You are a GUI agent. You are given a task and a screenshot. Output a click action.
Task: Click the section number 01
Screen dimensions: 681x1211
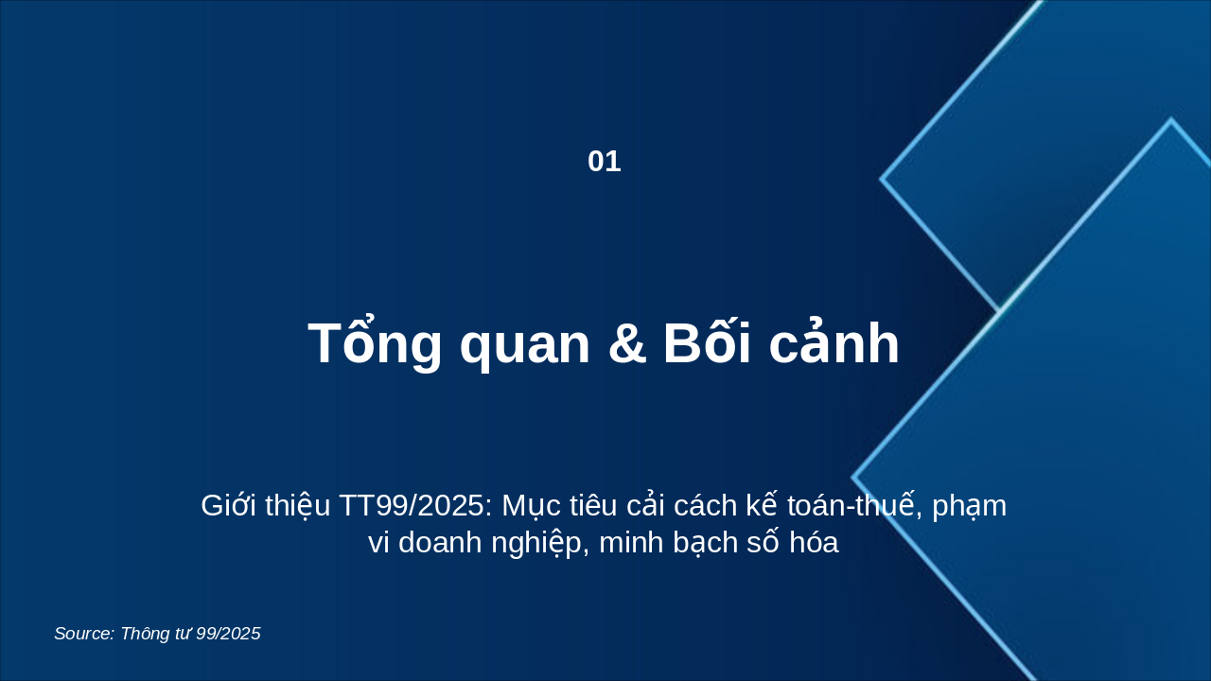pos(604,162)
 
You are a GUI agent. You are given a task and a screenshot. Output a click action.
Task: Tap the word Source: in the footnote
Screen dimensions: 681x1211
pos(84,634)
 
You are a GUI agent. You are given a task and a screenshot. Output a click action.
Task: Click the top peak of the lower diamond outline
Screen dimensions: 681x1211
pos(1170,120)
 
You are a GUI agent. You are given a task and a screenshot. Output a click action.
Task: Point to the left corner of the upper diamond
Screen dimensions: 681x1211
pos(882,178)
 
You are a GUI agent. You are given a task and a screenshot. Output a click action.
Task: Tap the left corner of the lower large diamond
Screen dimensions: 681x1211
pos(853,478)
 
